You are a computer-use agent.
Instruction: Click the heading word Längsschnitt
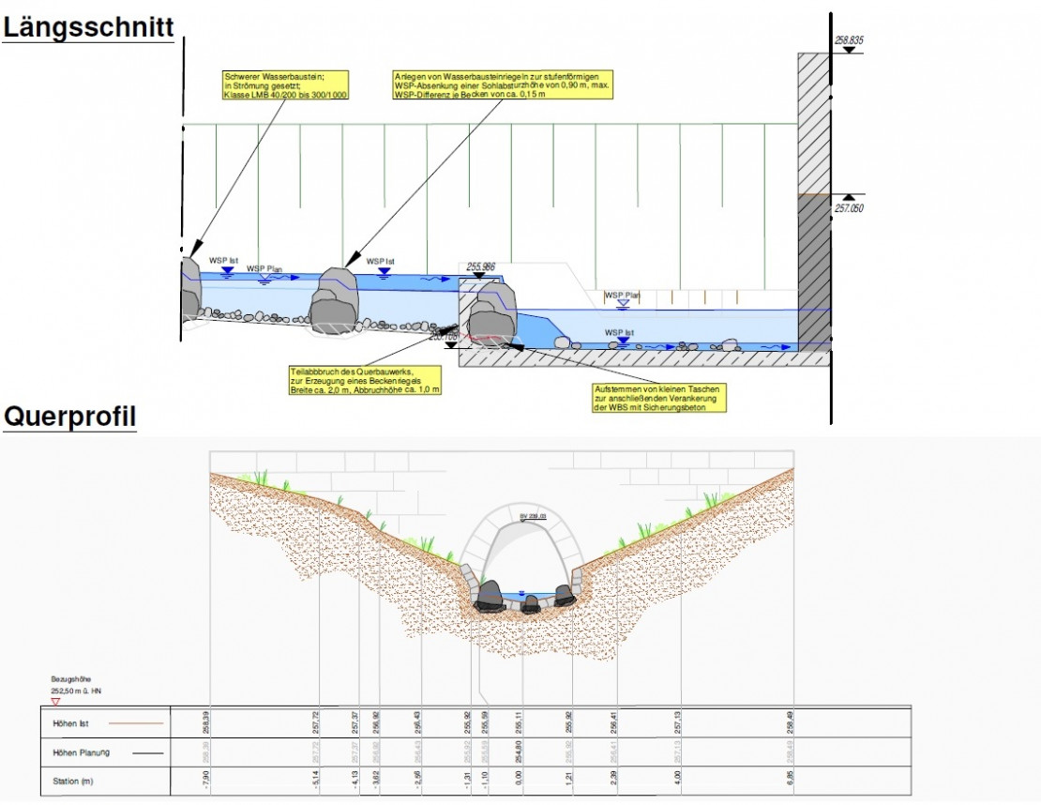click(x=87, y=27)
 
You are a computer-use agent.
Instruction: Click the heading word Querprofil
click(x=70, y=417)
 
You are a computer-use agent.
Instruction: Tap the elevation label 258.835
click(x=848, y=40)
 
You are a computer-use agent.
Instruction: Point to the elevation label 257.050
click(x=848, y=208)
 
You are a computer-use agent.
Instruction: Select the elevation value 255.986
click(x=480, y=266)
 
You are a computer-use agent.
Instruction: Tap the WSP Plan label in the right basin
click(x=622, y=295)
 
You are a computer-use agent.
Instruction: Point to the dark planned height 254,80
click(x=519, y=752)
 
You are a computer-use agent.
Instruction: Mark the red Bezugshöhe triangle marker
click(x=55, y=701)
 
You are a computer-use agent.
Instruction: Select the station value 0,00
click(x=519, y=781)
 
